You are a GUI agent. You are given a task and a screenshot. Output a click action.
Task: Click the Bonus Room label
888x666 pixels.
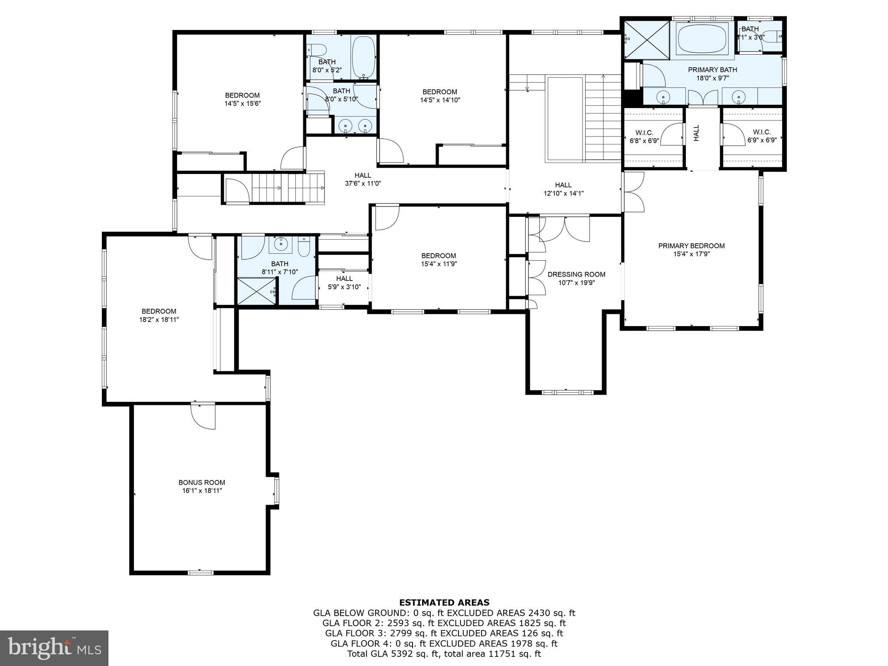(x=202, y=482)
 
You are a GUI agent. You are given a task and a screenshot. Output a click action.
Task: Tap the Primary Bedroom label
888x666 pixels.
(x=691, y=246)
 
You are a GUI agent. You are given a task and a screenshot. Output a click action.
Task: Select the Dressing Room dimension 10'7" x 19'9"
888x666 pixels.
(x=576, y=283)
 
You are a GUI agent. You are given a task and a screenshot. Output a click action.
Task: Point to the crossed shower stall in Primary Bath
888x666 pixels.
(x=647, y=39)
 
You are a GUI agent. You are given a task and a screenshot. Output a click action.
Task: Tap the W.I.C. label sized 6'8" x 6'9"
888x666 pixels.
(x=644, y=132)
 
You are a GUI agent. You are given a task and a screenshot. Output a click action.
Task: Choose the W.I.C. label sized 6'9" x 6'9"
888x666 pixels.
(x=762, y=132)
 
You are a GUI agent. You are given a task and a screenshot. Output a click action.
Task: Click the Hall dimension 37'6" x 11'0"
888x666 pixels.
(x=363, y=183)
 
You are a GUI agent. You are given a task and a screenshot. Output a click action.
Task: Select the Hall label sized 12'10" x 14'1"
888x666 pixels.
(x=563, y=185)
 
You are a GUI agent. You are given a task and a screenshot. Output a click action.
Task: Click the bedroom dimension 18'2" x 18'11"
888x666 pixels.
(x=159, y=320)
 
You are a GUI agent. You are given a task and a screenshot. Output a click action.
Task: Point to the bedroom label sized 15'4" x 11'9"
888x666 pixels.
(x=439, y=256)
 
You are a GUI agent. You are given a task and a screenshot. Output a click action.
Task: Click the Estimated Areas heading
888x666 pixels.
(x=444, y=602)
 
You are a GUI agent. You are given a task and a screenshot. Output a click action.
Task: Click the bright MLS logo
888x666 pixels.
(x=54, y=648)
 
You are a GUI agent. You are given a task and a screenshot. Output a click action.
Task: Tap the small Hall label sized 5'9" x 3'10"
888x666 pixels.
(x=344, y=278)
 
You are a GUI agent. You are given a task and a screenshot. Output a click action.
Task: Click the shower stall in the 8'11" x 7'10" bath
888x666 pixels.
(x=257, y=291)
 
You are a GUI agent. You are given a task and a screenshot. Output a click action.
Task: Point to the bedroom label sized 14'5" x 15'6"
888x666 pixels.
(x=242, y=95)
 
